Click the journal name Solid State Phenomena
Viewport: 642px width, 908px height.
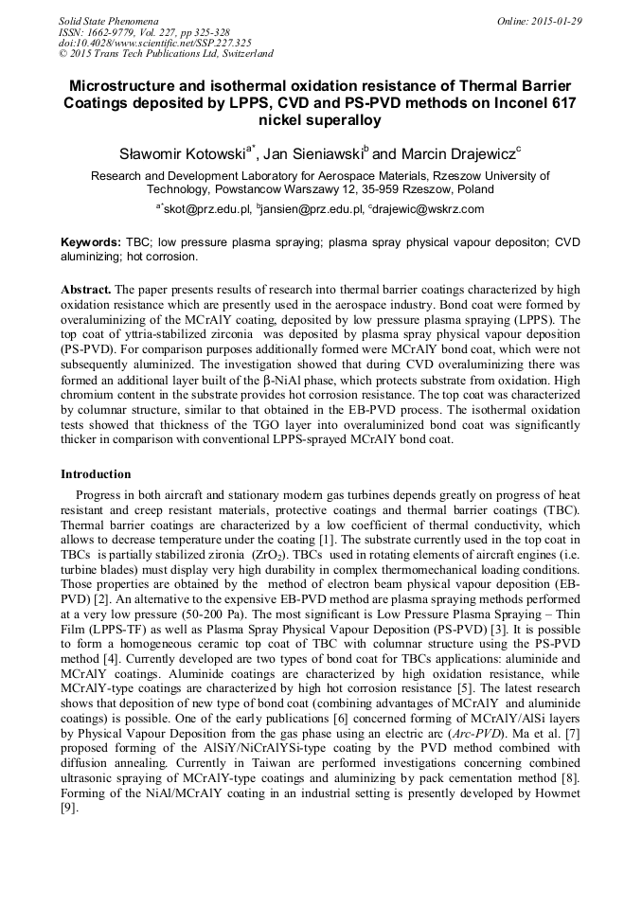(107, 20)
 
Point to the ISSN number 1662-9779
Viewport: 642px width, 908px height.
(121, 31)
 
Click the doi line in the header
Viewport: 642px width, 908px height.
(155, 43)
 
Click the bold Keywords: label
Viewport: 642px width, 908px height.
(91, 242)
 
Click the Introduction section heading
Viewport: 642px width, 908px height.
(96, 473)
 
